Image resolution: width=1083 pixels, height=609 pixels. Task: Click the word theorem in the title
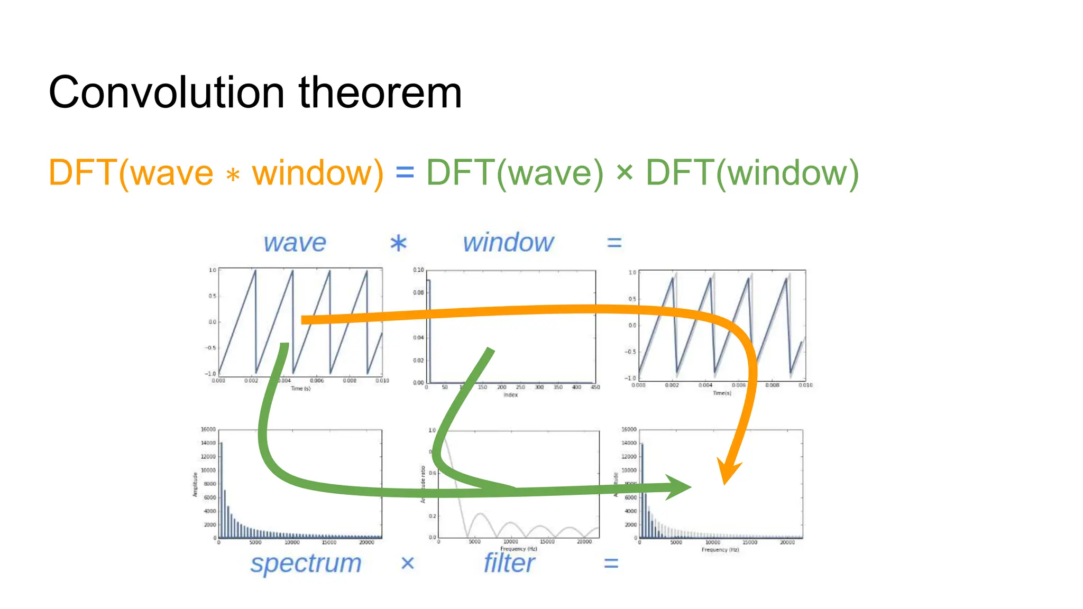(x=380, y=93)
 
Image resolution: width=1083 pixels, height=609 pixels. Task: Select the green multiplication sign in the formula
(x=625, y=172)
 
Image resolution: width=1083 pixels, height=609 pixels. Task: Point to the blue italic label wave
(x=295, y=243)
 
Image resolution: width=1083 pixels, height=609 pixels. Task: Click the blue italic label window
(x=508, y=243)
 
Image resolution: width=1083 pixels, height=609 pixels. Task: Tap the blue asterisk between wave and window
(x=398, y=244)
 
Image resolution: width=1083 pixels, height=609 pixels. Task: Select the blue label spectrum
(x=306, y=563)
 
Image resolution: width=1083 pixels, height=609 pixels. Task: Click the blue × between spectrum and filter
(x=407, y=563)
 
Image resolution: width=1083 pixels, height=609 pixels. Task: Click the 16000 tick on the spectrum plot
(x=208, y=429)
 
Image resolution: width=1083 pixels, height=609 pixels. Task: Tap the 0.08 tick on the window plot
(x=418, y=292)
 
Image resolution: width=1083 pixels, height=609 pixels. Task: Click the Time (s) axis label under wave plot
(x=300, y=389)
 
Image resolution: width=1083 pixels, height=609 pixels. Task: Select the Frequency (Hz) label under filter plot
(x=518, y=549)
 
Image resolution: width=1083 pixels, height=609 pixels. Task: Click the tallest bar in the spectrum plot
(x=221, y=489)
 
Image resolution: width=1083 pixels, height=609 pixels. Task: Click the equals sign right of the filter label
(x=611, y=564)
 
